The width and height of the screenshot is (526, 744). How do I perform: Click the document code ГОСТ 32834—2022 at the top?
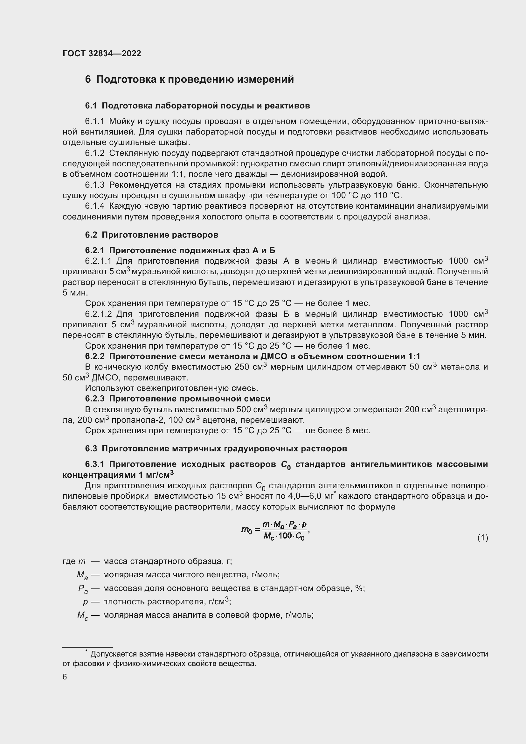(x=102, y=53)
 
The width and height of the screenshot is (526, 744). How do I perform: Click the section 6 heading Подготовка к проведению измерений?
(x=190, y=80)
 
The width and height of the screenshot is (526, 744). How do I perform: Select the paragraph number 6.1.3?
(x=94, y=185)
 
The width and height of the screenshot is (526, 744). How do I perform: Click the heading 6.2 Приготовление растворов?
(x=152, y=235)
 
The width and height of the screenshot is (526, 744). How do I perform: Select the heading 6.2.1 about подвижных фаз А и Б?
(x=180, y=250)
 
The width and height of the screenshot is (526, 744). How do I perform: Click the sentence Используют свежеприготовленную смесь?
(x=171, y=388)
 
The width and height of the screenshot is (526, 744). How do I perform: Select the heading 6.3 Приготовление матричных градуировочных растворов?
(x=216, y=449)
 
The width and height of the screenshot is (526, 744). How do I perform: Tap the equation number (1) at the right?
(x=482, y=538)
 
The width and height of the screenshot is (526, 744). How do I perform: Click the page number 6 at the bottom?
(x=65, y=677)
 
